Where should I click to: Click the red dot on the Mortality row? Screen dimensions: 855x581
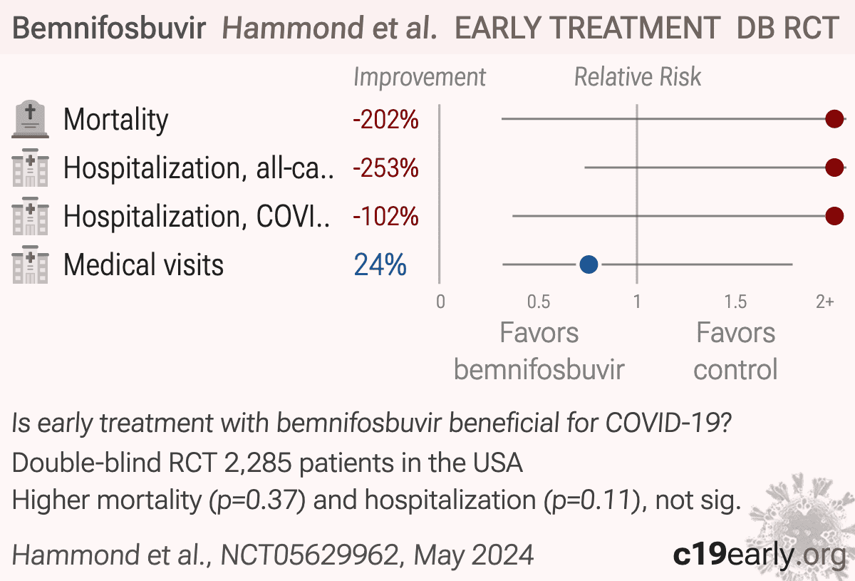click(834, 119)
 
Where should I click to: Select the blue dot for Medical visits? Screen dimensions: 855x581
click(589, 264)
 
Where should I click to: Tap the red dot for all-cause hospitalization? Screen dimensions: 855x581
click(834, 168)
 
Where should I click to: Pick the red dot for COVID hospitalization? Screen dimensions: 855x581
click(834, 216)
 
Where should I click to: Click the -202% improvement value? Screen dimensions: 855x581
click(385, 120)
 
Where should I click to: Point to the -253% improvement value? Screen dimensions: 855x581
click(385, 168)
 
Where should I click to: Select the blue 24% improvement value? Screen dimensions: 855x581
click(380, 264)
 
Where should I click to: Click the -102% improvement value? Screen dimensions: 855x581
click(385, 217)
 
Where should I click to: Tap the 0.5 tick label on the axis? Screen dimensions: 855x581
click(539, 302)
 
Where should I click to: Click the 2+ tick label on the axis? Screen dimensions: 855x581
click(825, 302)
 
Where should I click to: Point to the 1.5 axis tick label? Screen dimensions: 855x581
click(735, 302)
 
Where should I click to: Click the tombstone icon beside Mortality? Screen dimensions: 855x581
click(30, 119)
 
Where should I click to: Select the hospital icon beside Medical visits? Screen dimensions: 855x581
click(30, 264)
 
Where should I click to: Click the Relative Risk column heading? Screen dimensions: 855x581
click(638, 77)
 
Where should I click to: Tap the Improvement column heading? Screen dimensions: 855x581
click(420, 78)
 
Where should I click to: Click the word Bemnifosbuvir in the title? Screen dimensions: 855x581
click(109, 28)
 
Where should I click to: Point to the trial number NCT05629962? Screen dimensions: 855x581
click(309, 555)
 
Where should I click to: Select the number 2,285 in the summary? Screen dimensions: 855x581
click(258, 463)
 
